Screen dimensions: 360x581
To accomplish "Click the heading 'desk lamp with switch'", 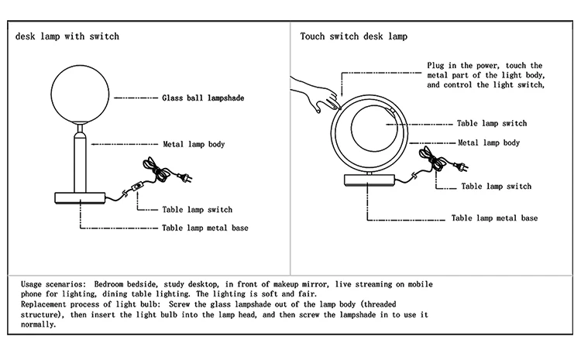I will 67,36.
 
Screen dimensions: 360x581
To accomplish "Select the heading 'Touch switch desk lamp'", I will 354,36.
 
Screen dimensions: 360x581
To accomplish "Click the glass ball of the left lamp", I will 80,97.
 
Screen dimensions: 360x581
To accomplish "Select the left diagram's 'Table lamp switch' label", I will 197,210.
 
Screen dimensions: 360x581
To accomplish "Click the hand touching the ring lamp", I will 314,95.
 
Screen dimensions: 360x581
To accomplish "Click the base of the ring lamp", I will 369,181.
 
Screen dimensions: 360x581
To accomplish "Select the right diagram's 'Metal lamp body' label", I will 489,143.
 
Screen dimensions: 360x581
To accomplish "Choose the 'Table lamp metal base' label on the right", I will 494,218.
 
